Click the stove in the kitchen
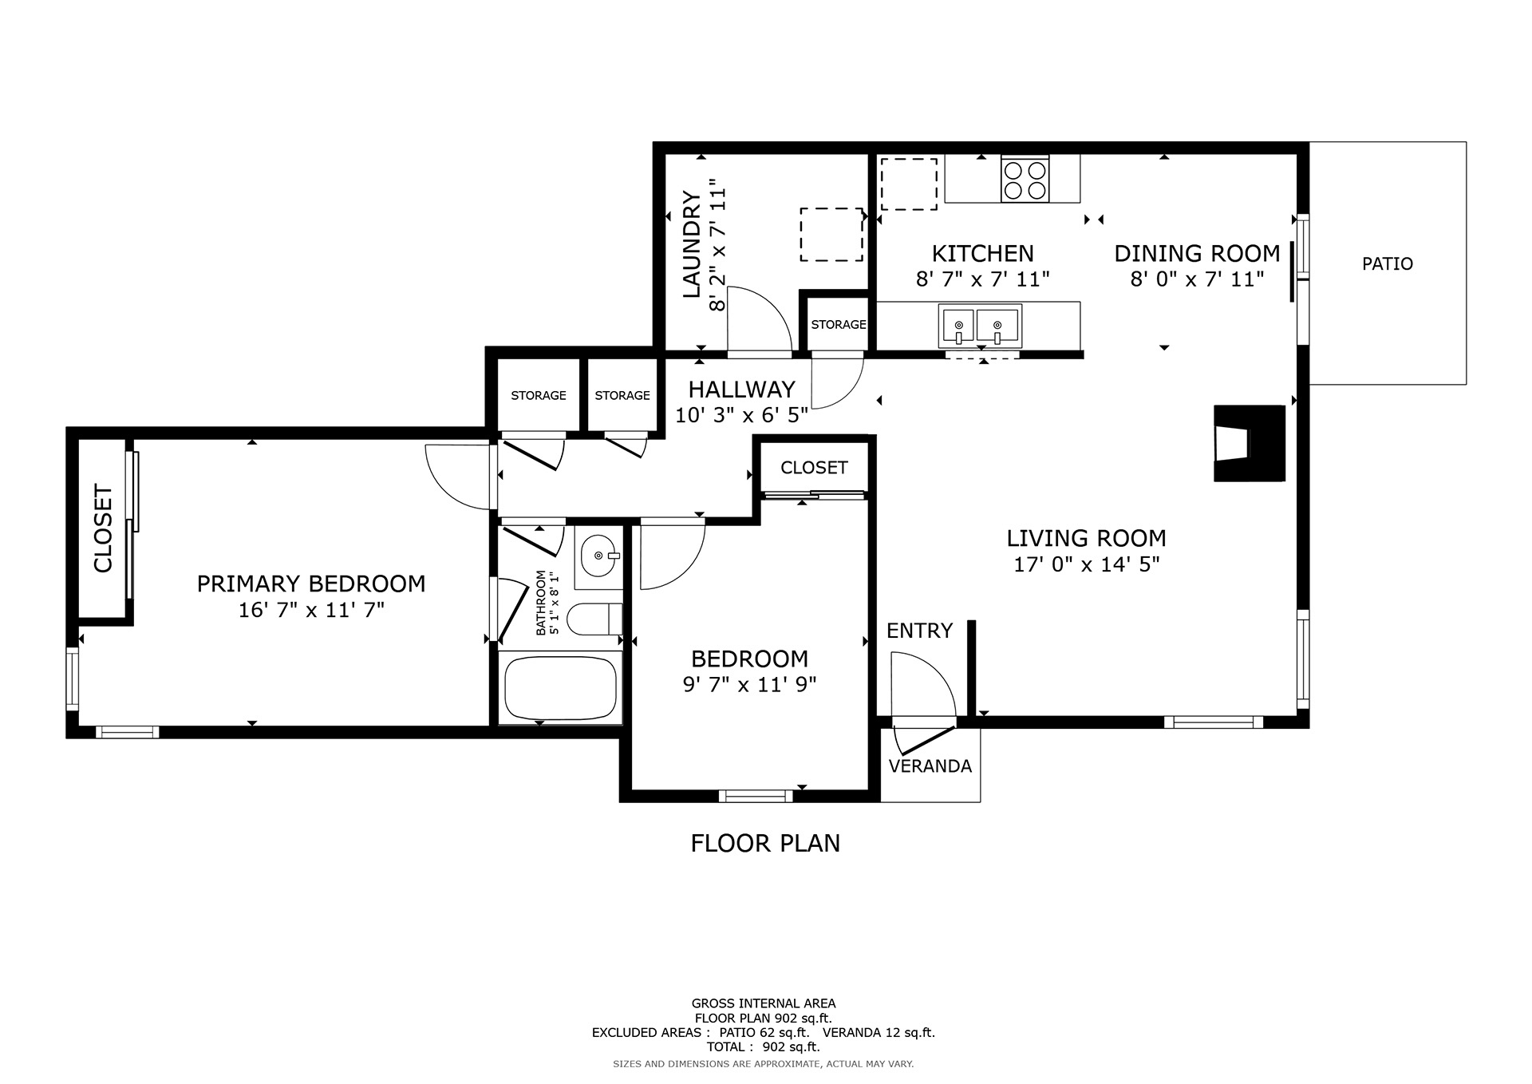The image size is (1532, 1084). pos(1025,179)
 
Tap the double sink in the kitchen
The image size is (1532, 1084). pos(980,325)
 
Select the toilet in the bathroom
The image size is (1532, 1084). pos(594,619)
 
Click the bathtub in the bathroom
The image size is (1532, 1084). pos(561,687)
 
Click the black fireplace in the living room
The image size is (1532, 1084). pos(1249,443)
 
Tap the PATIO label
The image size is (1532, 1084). pos(1388,263)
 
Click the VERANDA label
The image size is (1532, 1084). pos(930,766)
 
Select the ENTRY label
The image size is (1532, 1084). pos(919,631)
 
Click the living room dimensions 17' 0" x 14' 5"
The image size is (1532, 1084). pos(1086,564)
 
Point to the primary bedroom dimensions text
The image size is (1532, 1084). pos(311,611)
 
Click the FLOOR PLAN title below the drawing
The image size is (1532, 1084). pos(765,843)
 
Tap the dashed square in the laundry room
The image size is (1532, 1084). pos(831,235)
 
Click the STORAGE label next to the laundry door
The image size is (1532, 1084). pos(839,324)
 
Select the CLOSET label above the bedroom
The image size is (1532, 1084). pos(814,467)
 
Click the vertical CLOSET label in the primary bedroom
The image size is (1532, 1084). pos(104,528)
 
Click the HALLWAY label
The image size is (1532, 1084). pos(742,389)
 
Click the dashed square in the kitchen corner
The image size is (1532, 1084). pos(909,184)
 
